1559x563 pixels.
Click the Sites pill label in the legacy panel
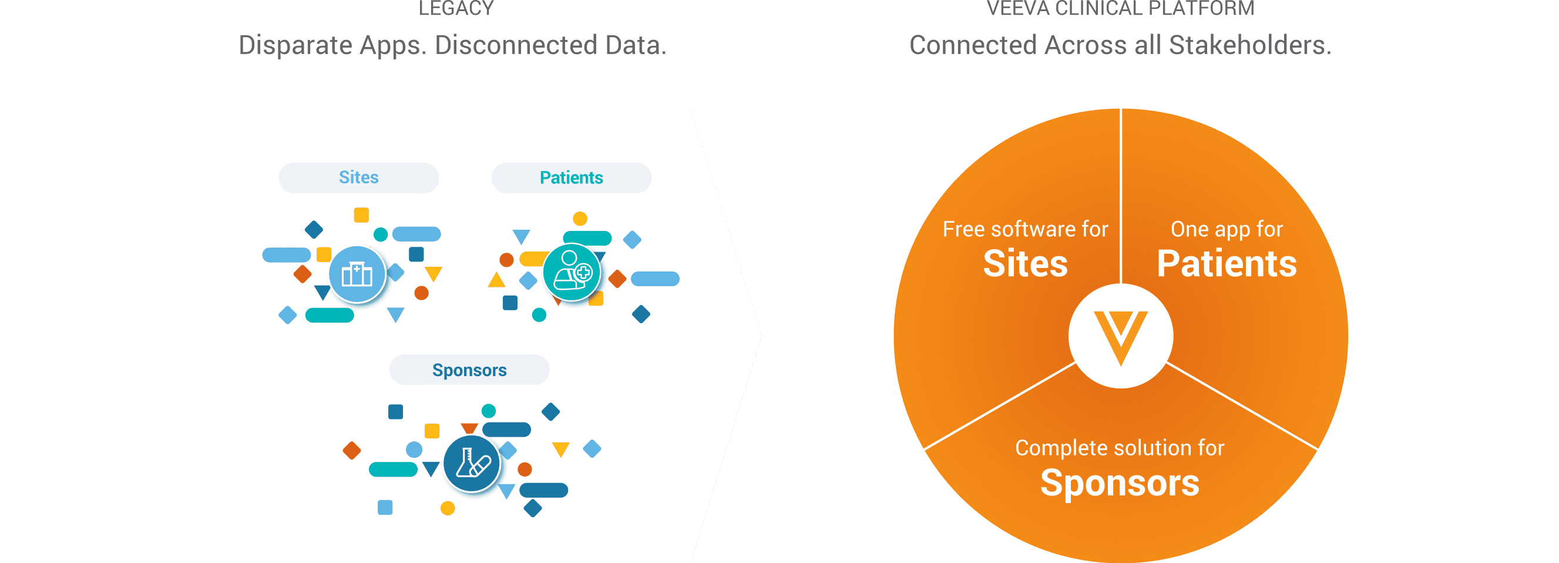[358, 177]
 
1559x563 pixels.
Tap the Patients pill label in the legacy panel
[571, 177]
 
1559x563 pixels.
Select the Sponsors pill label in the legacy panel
[469, 370]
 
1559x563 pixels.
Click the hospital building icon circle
[357, 274]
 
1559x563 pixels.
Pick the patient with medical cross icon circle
[572, 273]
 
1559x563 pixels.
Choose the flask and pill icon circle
[472, 464]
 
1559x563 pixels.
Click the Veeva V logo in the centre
[1120, 336]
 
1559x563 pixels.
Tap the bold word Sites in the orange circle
[1025, 264]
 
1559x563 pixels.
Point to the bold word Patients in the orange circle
[1226, 264]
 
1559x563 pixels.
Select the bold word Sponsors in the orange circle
[1120, 483]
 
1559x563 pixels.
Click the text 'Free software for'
[1025, 229]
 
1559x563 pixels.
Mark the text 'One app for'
[1226, 229]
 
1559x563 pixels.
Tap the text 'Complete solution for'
[1120, 448]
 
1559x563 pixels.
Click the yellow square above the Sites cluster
[361, 215]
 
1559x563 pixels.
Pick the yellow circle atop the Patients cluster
[580, 219]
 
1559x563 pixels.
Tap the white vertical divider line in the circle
[1121, 194]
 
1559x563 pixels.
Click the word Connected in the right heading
[975, 45]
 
